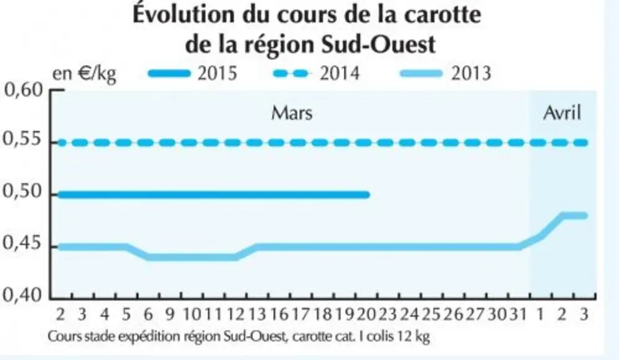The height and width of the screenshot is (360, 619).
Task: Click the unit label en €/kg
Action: point(84,73)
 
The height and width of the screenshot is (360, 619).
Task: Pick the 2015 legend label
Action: point(217,73)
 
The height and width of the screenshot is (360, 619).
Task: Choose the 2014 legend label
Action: point(340,73)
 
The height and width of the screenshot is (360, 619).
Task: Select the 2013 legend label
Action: point(471,73)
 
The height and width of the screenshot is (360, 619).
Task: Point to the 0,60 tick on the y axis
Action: point(23,91)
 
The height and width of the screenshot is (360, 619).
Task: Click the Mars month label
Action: point(292,113)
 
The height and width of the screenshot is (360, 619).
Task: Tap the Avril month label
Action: point(562,113)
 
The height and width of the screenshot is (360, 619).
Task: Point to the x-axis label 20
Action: point(367,314)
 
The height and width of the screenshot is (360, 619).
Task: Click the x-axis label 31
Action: point(518,314)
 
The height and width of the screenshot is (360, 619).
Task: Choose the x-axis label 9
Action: point(169,314)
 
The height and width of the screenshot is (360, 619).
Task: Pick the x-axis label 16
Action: point(279,314)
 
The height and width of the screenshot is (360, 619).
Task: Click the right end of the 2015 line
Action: point(368,194)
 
